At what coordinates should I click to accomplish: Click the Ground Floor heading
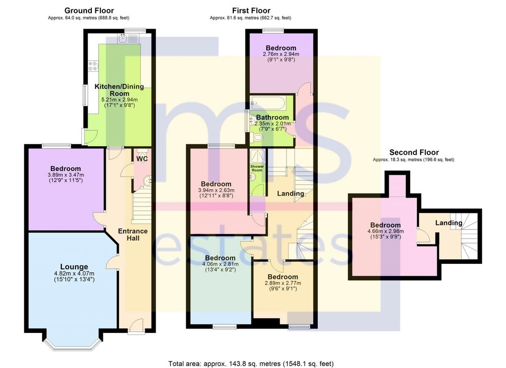(89, 11)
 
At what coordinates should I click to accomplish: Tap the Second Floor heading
(414, 152)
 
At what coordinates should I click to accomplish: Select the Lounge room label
(74, 267)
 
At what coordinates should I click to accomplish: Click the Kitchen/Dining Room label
(120, 90)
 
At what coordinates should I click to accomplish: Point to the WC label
(142, 159)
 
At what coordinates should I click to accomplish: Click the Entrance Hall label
(133, 235)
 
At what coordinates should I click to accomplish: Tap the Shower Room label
(257, 168)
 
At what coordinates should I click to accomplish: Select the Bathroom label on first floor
(272, 118)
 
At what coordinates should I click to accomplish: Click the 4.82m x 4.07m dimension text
(74, 274)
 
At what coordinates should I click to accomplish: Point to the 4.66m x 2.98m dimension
(385, 231)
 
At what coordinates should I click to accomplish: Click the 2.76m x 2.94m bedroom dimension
(281, 54)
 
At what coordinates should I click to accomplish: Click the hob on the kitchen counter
(93, 66)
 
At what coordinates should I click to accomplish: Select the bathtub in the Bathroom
(267, 103)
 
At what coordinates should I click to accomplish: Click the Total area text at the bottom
(251, 364)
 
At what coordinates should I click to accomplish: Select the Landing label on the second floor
(449, 223)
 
